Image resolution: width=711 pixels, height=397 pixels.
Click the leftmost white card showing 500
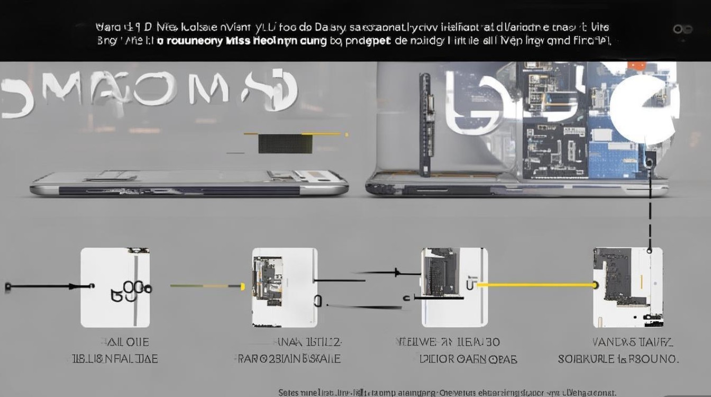[115, 287]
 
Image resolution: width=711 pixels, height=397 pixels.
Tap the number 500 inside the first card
[131, 291]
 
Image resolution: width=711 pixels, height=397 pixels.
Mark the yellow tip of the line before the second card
[243, 286]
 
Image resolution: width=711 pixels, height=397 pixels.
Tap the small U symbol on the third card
[470, 284]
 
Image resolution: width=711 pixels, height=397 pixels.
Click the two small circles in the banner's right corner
[683, 29]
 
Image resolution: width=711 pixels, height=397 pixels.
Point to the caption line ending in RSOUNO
[618, 359]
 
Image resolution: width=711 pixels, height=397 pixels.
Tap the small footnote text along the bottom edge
[447, 392]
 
